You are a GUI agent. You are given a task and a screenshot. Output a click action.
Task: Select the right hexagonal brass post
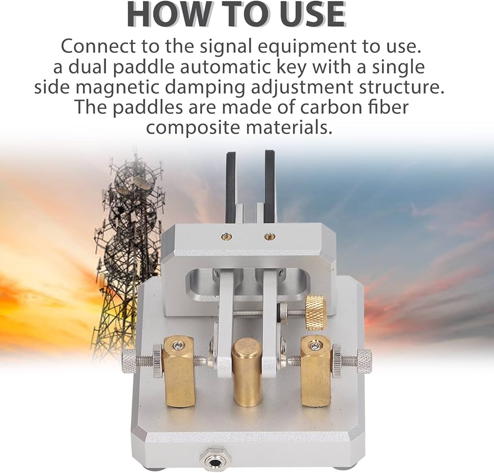click(316, 371)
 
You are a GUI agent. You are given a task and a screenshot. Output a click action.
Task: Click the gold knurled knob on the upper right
click(316, 312)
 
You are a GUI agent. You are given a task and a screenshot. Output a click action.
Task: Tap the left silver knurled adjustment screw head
click(129, 360)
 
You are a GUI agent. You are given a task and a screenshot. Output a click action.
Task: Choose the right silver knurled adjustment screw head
click(365, 360)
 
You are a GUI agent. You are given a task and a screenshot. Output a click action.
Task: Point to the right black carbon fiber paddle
click(271, 183)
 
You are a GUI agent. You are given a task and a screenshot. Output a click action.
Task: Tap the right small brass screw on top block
click(269, 235)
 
